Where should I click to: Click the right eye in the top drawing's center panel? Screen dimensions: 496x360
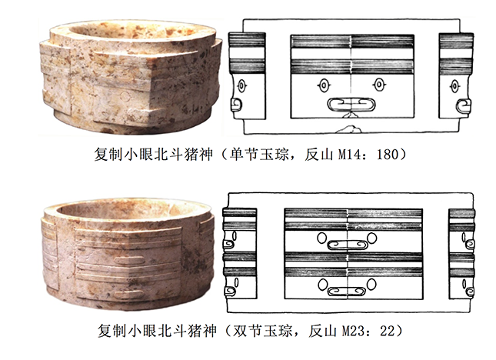point(378,85)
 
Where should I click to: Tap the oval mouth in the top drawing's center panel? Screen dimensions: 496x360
point(351,105)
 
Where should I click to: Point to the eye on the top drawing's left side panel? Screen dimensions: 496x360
point(241,85)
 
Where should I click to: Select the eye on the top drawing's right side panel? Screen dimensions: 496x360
point(455,86)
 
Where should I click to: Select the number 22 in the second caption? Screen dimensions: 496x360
point(388,331)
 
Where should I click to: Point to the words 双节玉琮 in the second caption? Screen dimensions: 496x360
point(263,331)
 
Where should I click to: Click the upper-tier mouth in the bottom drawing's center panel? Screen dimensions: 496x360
point(348,245)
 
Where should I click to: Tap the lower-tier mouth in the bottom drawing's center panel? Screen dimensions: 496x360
point(347,292)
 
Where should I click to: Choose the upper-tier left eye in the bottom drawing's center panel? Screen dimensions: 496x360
point(322,238)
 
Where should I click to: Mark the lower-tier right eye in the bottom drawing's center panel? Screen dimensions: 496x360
point(371,284)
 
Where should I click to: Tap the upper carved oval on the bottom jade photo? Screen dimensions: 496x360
point(129,261)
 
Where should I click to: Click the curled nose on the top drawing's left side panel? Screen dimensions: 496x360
point(236,105)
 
